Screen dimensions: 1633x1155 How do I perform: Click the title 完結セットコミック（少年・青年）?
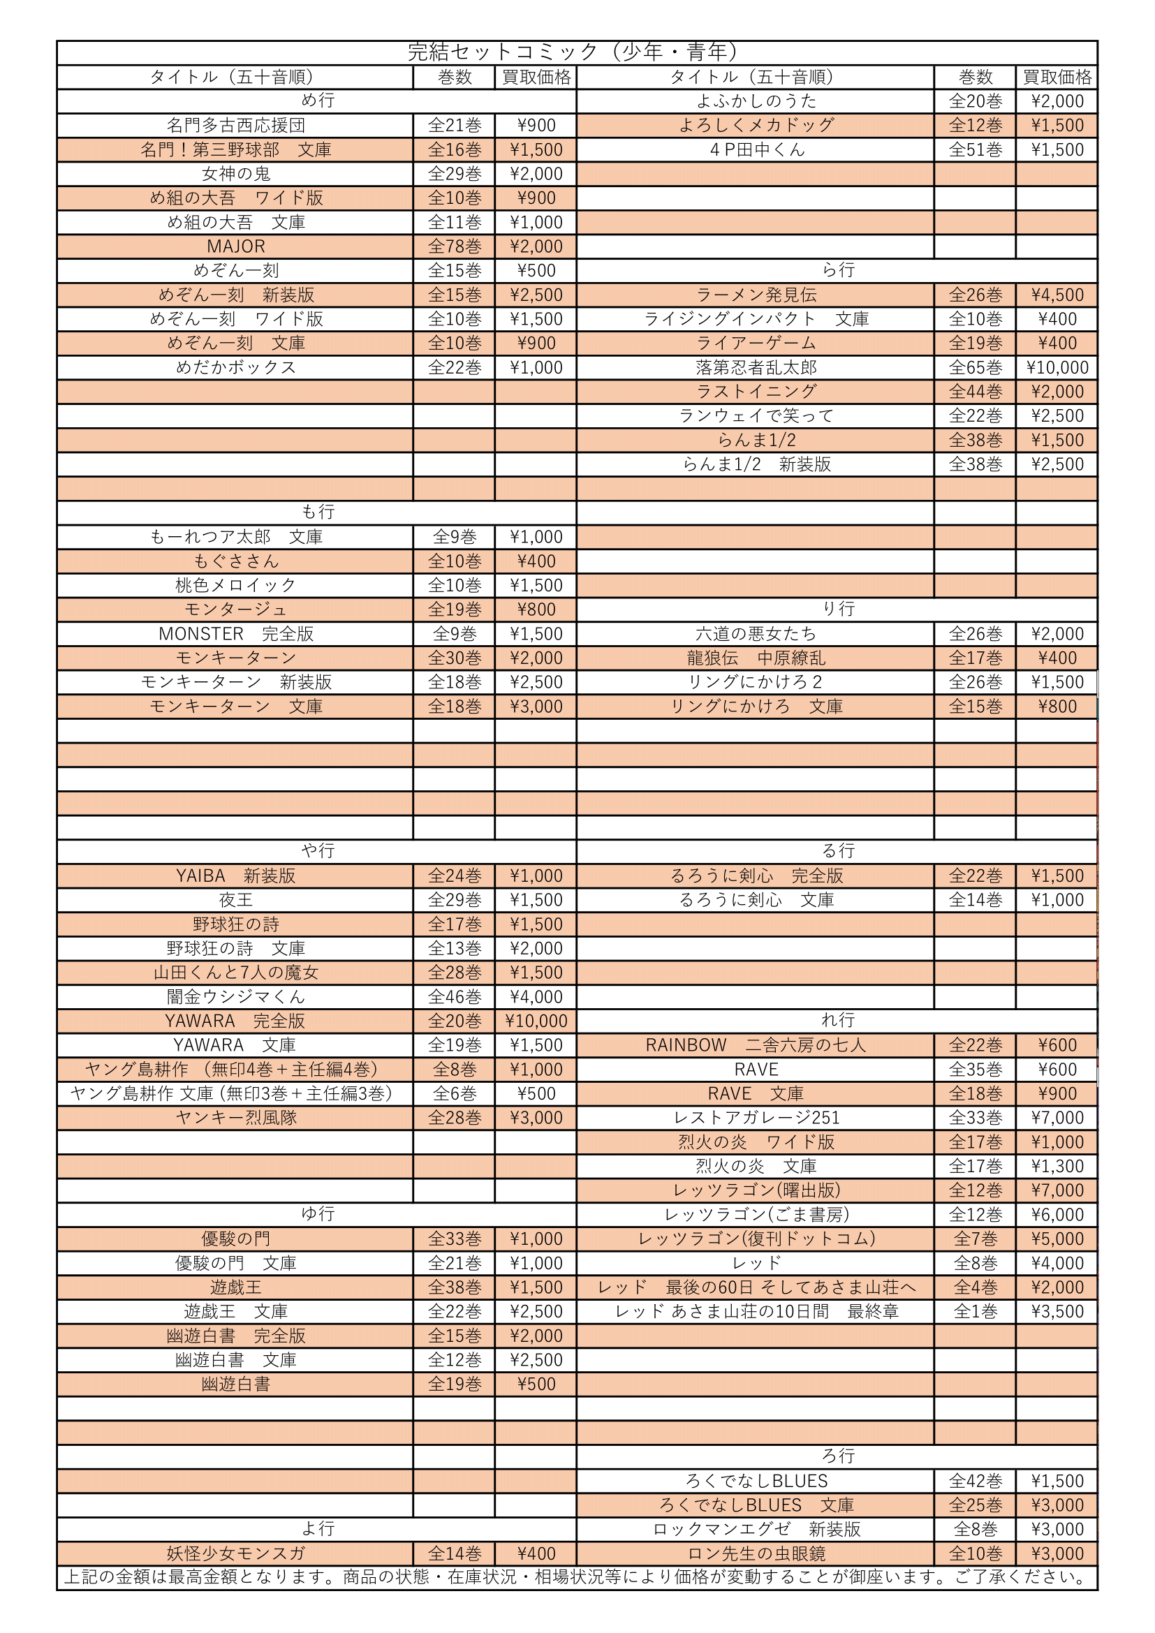(576, 52)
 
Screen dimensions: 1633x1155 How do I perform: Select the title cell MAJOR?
(235, 246)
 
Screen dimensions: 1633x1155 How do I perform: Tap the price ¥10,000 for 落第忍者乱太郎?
(1057, 367)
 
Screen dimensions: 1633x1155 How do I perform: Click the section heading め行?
(317, 101)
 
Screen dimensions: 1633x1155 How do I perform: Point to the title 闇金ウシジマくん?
(235, 996)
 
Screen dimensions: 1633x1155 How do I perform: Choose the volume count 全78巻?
(455, 246)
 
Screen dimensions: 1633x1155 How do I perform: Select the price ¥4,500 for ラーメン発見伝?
(1057, 295)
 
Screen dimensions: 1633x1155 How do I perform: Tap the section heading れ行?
(838, 1020)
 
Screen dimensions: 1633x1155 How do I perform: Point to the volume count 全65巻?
(975, 367)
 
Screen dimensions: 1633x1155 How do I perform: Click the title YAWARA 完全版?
(235, 1021)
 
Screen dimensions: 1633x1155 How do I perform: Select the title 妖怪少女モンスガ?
(235, 1553)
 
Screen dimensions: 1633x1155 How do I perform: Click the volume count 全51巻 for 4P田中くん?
(975, 149)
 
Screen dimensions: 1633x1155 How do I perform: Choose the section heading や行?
(317, 850)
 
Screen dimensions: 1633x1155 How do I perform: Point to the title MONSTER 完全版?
(235, 634)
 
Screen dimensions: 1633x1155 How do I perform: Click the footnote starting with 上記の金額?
(576, 1577)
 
